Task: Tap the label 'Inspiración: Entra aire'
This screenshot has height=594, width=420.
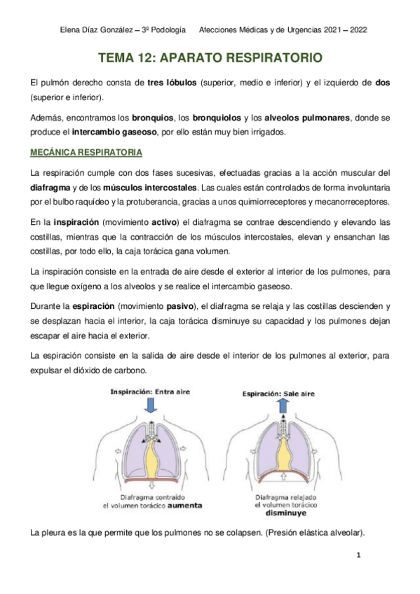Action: point(149,392)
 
